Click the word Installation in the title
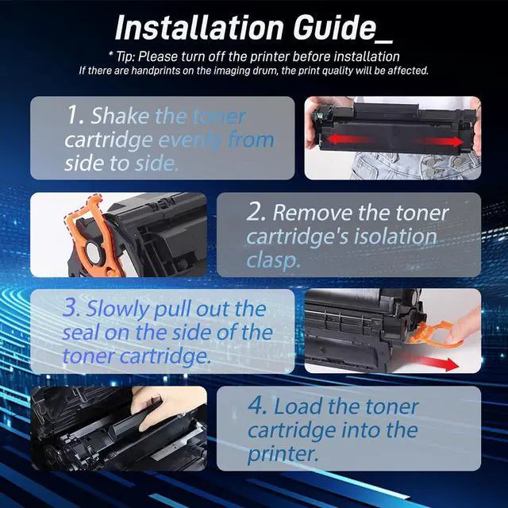pyautogui.click(x=199, y=28)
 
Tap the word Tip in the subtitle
pyautogui.click(x=124, y=56)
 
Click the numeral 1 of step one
pyautogui.click(x=71, y=115)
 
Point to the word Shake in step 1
pyautogui.click(x=120, y=115)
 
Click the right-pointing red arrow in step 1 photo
pyautogui.click(x=441, y=141)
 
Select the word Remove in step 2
pyautogui.click(x=312, y=213)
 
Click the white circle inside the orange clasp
pyautogui.click(x=93, y=252)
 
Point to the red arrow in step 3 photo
pyautogui.click(x=437, y=362)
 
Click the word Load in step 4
pyautogui.click(x=298, y=406)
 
